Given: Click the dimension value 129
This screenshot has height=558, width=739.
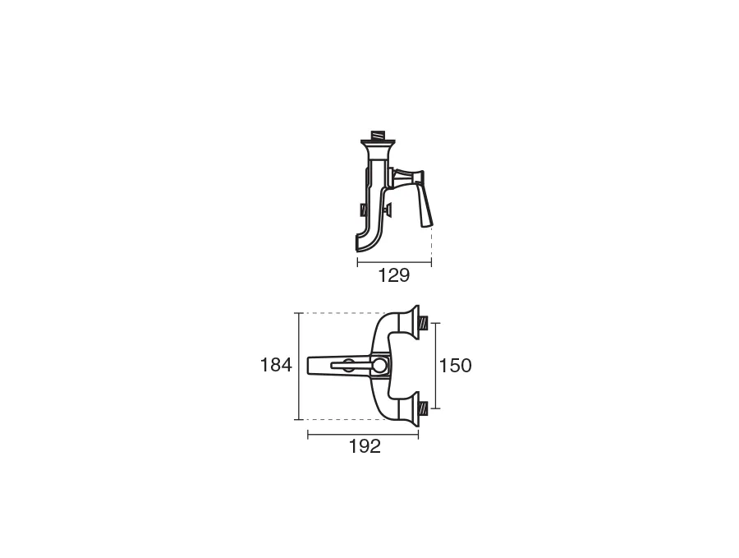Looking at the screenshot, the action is click(x=394, y=275).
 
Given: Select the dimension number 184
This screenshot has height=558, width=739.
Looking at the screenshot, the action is click(x=276, y=365).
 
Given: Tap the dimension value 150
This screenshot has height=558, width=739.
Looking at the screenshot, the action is click(x=455, y=366).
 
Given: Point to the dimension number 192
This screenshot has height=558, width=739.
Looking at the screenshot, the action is click(x=365, y=446).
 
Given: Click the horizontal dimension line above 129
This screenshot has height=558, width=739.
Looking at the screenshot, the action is click(x=394, y=263).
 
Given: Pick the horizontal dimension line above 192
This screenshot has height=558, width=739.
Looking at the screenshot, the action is click(x=363, y=435).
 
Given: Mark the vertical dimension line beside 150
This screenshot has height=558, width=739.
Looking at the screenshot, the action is click(x=435, y=366).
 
